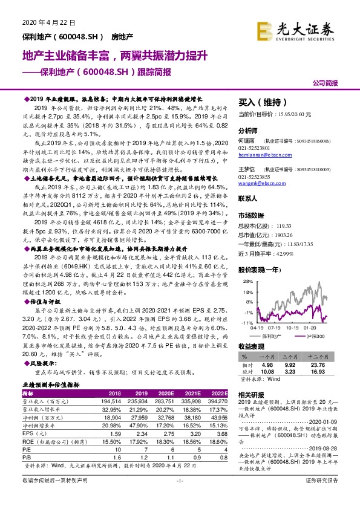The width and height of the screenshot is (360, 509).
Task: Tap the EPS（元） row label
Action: tap(40, 434)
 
